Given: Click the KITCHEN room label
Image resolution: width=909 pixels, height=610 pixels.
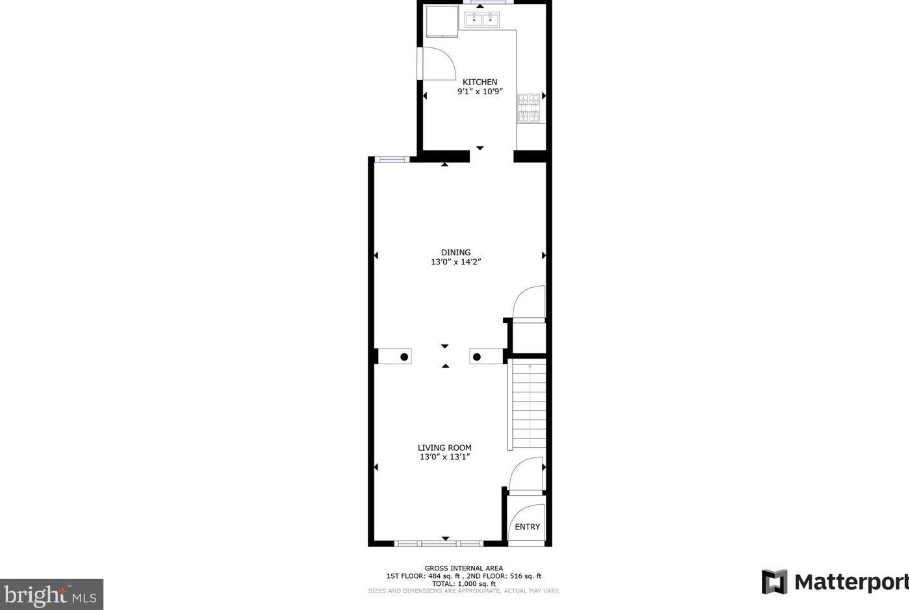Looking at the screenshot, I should coord(480,82).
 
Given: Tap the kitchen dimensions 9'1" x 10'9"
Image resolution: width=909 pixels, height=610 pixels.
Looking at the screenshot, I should coord(480,92).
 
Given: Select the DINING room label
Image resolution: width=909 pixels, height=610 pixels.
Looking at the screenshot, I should coord(455,252).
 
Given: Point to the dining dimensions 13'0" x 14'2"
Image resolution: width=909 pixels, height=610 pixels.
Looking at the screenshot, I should coord(455,262).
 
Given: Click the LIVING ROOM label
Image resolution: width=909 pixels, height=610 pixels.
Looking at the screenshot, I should coord(444,448).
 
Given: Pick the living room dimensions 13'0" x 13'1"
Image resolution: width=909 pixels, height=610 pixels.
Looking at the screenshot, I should coord(444,457).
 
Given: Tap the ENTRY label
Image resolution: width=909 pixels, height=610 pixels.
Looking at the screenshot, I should coord(527,527).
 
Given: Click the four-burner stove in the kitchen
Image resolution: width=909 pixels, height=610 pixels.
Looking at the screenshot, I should coord(528,108).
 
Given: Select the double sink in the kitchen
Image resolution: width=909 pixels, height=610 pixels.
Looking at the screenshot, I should coord(481,19).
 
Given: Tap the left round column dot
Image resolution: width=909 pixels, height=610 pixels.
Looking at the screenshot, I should coord(404,357).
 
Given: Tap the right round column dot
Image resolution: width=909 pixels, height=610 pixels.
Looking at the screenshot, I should coord(476,357).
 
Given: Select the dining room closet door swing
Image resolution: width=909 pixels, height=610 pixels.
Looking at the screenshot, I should coord(530,303).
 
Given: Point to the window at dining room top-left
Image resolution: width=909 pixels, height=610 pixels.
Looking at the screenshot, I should coord(391,159).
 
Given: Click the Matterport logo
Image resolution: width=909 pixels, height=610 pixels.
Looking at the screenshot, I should coord(835,581).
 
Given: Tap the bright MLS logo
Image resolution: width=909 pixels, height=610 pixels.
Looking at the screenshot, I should coord(51,594).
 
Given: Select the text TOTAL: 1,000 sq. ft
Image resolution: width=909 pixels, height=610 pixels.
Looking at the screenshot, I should coord(463,583).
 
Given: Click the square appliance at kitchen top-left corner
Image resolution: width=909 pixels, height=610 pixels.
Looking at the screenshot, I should coord(442,21).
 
